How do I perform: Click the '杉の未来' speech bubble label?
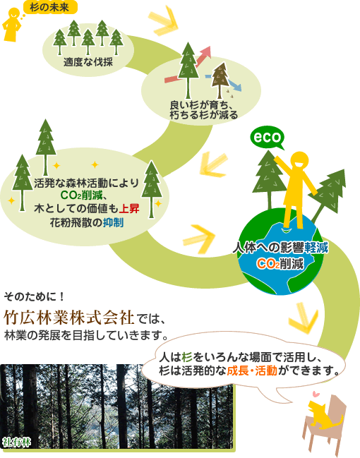[50, 7]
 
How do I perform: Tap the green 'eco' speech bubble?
[268, 138]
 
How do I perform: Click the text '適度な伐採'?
[88, 62]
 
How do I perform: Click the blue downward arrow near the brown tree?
[223, 82]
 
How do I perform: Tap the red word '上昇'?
[129, 209]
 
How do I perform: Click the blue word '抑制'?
[113, 223]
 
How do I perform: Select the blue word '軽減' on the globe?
[316, 248]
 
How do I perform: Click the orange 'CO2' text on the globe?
[268, 265]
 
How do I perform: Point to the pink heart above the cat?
[316, 394]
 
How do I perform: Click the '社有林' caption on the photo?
[16, 442]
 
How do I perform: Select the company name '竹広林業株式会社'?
[69, 318]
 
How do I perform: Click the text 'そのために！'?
[34, 297]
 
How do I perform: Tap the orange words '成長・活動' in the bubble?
[252, 370]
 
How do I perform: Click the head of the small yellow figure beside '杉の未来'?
[14, 13]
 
